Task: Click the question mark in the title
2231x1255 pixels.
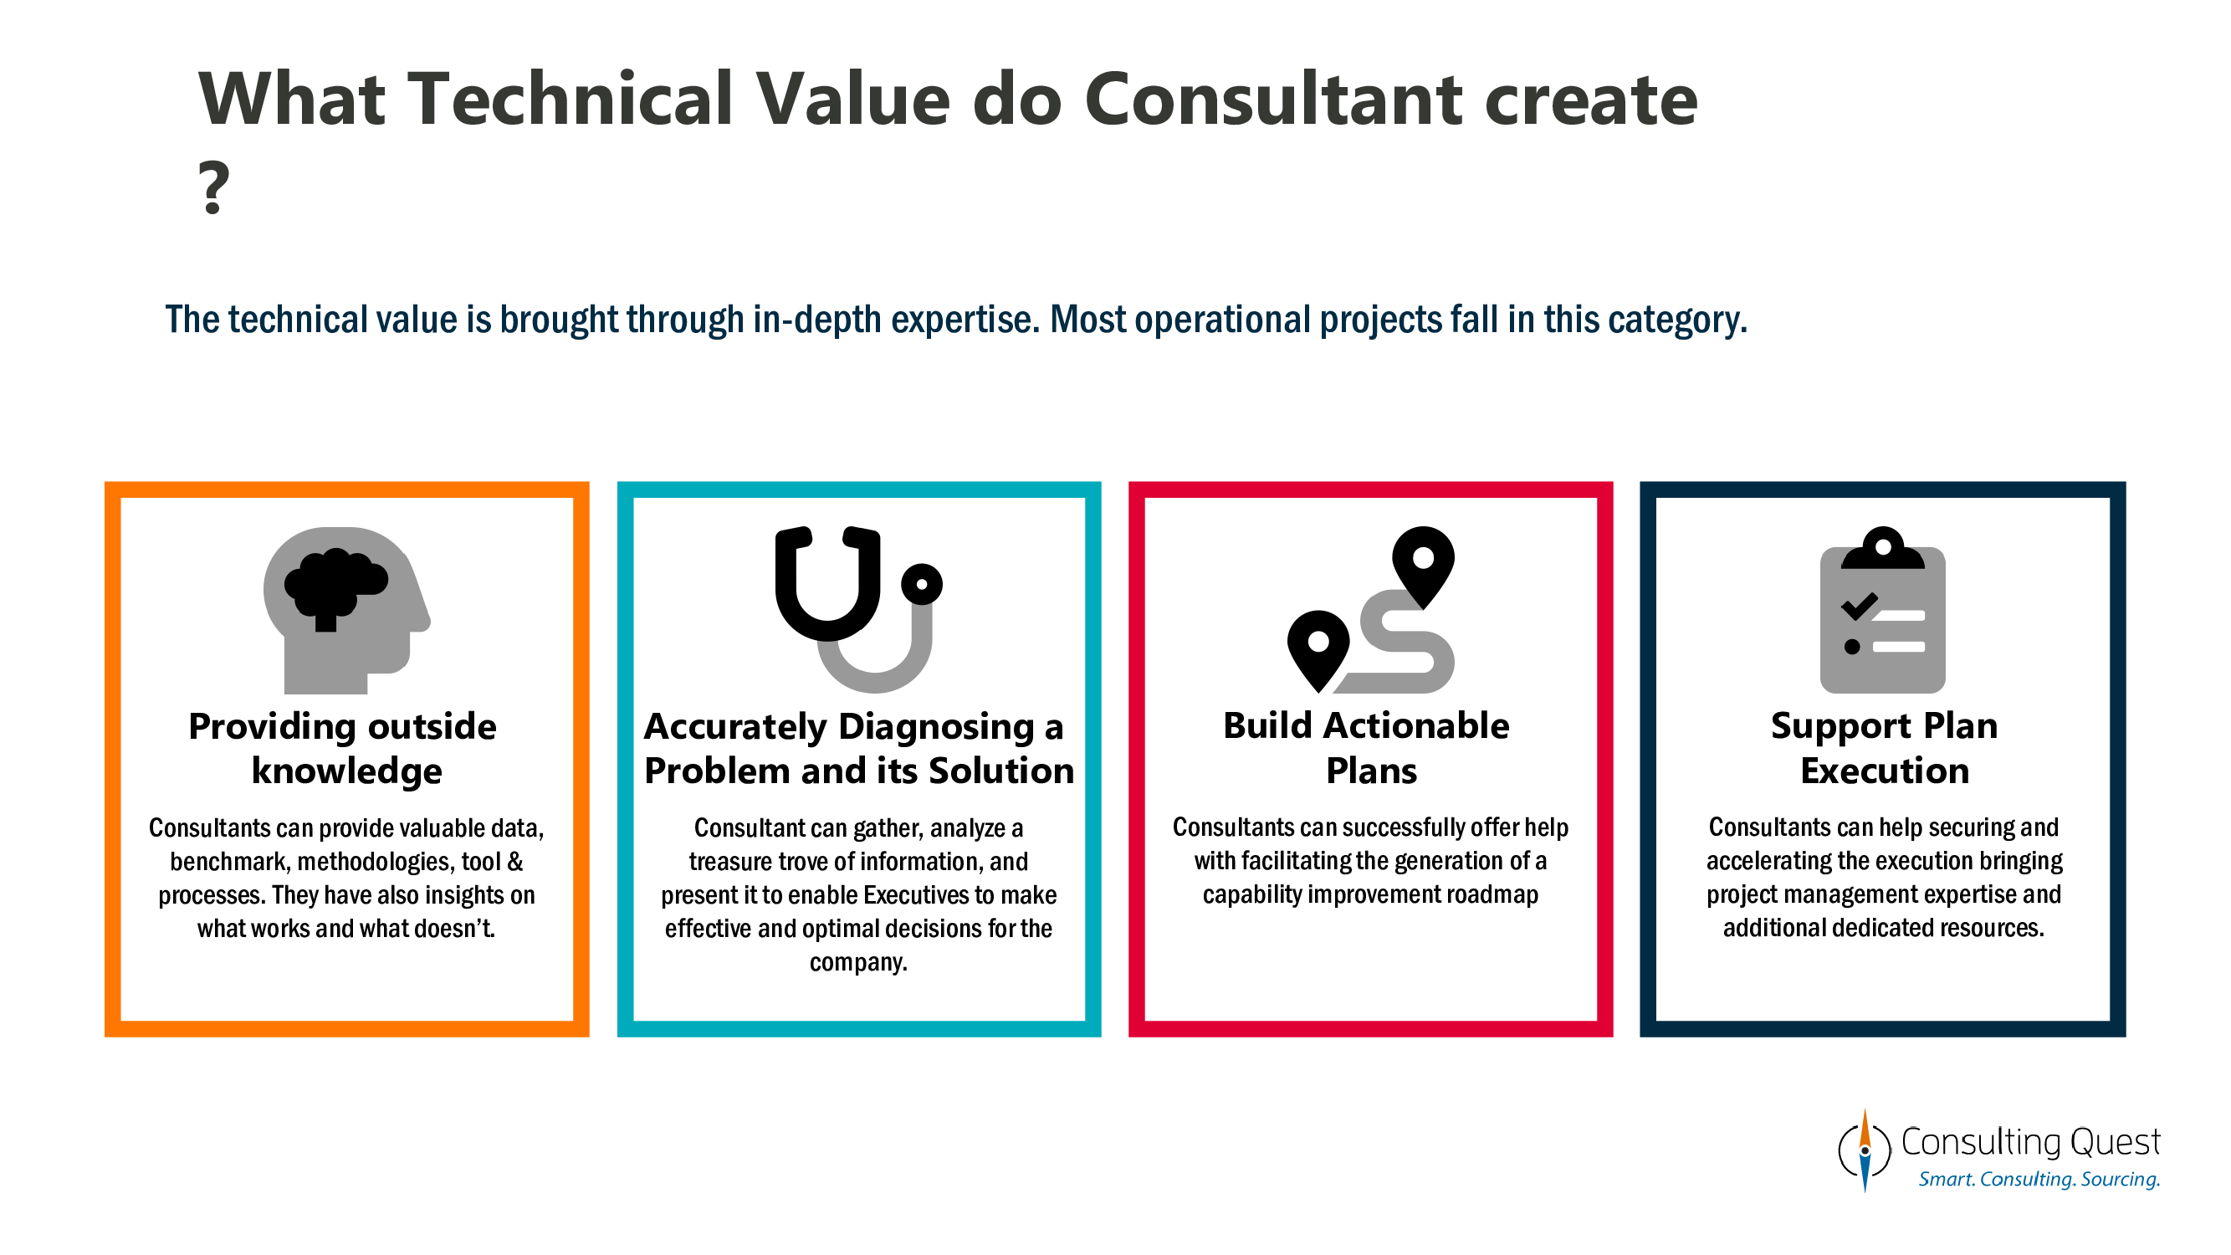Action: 213,187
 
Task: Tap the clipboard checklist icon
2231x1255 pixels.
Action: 1882,611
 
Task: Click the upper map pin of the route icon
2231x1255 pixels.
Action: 1423,564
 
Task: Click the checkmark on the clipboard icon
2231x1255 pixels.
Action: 1859,606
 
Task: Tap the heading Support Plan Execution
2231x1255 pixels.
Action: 1884,747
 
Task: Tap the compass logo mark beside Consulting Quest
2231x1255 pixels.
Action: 1865,1151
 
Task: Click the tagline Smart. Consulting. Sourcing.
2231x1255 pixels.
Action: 2039,1180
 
